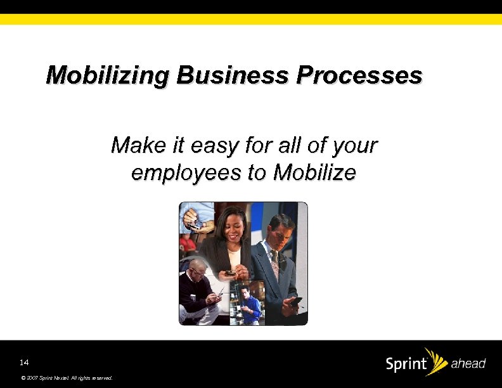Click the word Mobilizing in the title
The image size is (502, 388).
click(x=108, y=76)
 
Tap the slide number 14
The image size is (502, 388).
click(x=24, y=363)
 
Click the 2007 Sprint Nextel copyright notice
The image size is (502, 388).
click(x=67, y=378)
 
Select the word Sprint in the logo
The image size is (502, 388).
click(x=406, y=365)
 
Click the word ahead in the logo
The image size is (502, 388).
click(x=468, y=364)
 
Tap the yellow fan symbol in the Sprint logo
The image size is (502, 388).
click(x=435, y=359)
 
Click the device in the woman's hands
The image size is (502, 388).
click(x=231, y=273)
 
